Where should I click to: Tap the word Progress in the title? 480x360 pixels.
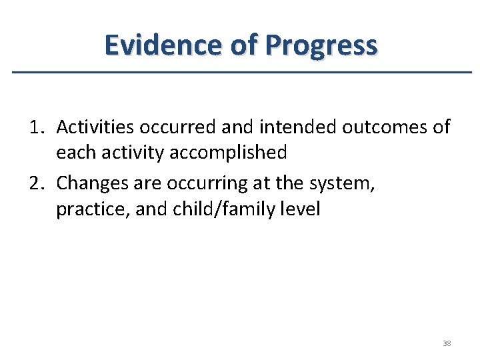(321, 45)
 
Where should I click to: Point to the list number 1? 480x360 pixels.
(37, 127)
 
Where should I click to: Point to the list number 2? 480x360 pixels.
(37, 183)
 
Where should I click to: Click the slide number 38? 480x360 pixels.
(447, 343)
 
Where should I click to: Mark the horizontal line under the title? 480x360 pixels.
(240, 72)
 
